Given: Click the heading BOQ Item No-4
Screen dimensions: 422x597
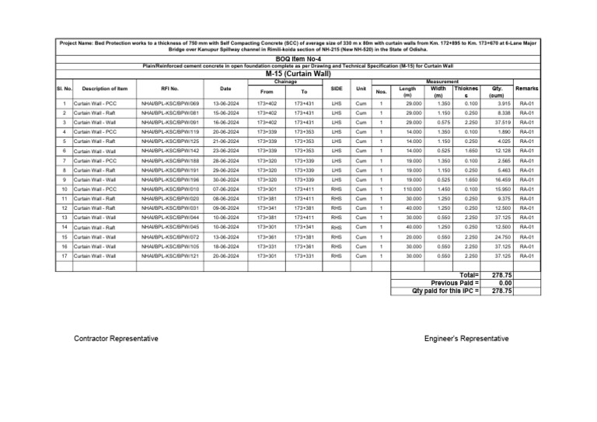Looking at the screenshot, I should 298,59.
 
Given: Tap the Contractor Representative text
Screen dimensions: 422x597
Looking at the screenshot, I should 113,339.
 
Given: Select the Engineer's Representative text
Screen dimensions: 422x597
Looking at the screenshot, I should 466,339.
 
